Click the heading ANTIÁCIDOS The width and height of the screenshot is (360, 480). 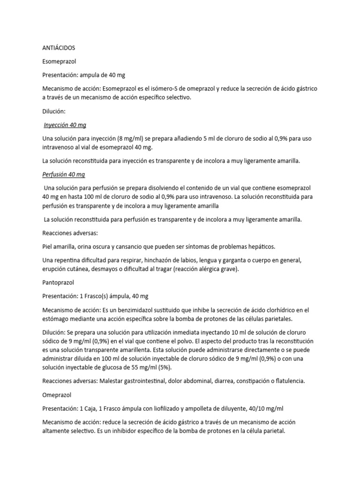(x=59, y=48)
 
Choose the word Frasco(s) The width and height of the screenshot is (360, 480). (x=103, y=296)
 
